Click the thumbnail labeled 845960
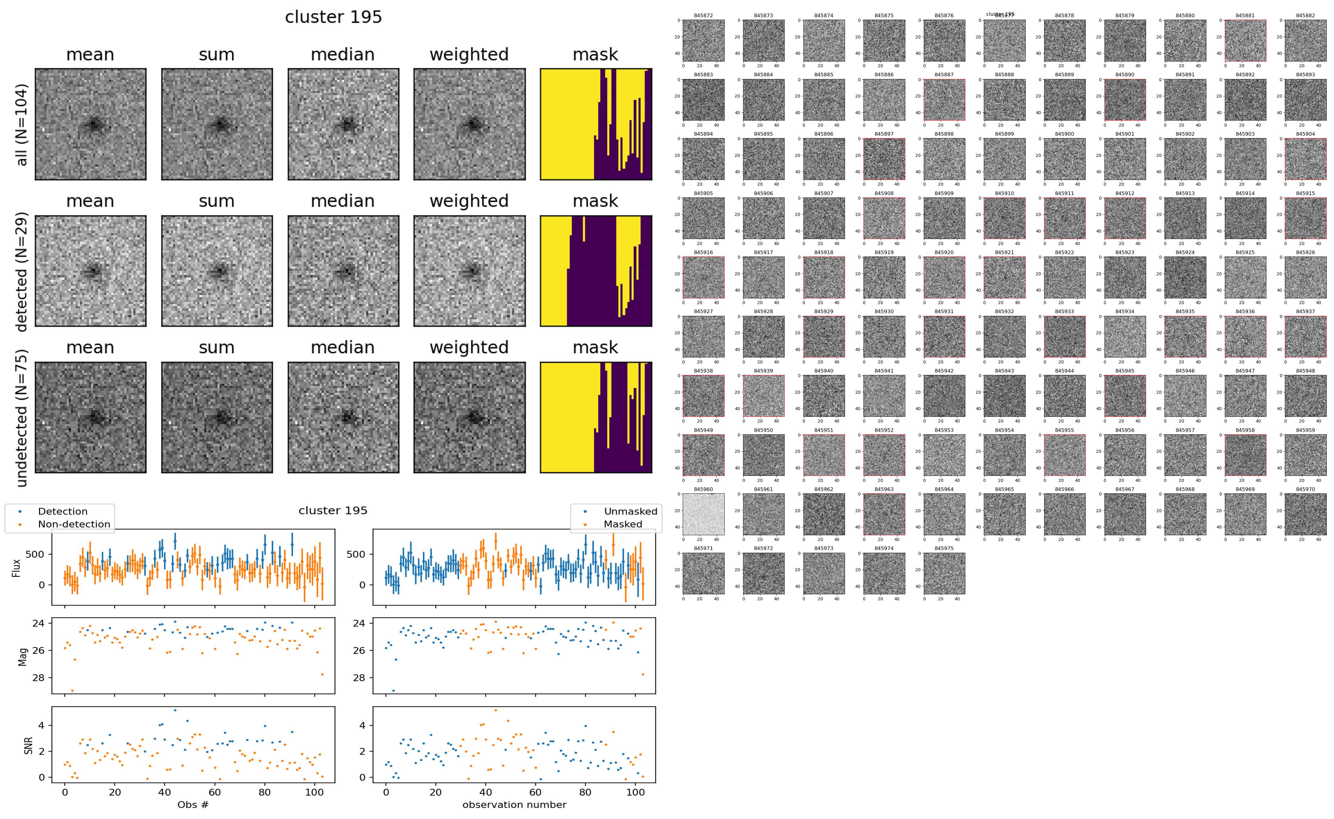coord(703,515)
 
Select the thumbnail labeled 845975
coord(944,574)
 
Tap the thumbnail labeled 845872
coord(703,41)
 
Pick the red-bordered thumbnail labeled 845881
coord(1245,41)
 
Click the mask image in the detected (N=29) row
coord(596,271)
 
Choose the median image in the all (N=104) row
coord(343,124)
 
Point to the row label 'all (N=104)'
coord(22,124)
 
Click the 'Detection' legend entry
coord(62,511)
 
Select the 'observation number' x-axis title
coord(514,805)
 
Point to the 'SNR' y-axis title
coord(28,745)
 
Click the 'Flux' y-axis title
coord(16,568)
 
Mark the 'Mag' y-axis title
coord(23,656)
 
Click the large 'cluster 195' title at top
coord(333,17)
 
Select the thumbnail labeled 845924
coord(1185,278)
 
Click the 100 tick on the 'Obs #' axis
coord(314,792)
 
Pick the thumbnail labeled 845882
coord(1305,41)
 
